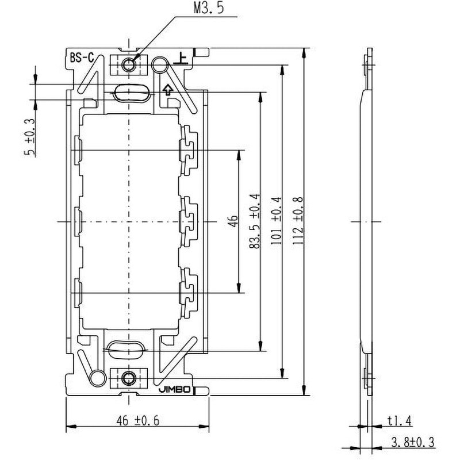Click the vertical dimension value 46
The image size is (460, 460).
232,221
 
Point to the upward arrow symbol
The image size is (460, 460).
168,89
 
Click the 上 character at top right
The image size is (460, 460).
182,57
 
